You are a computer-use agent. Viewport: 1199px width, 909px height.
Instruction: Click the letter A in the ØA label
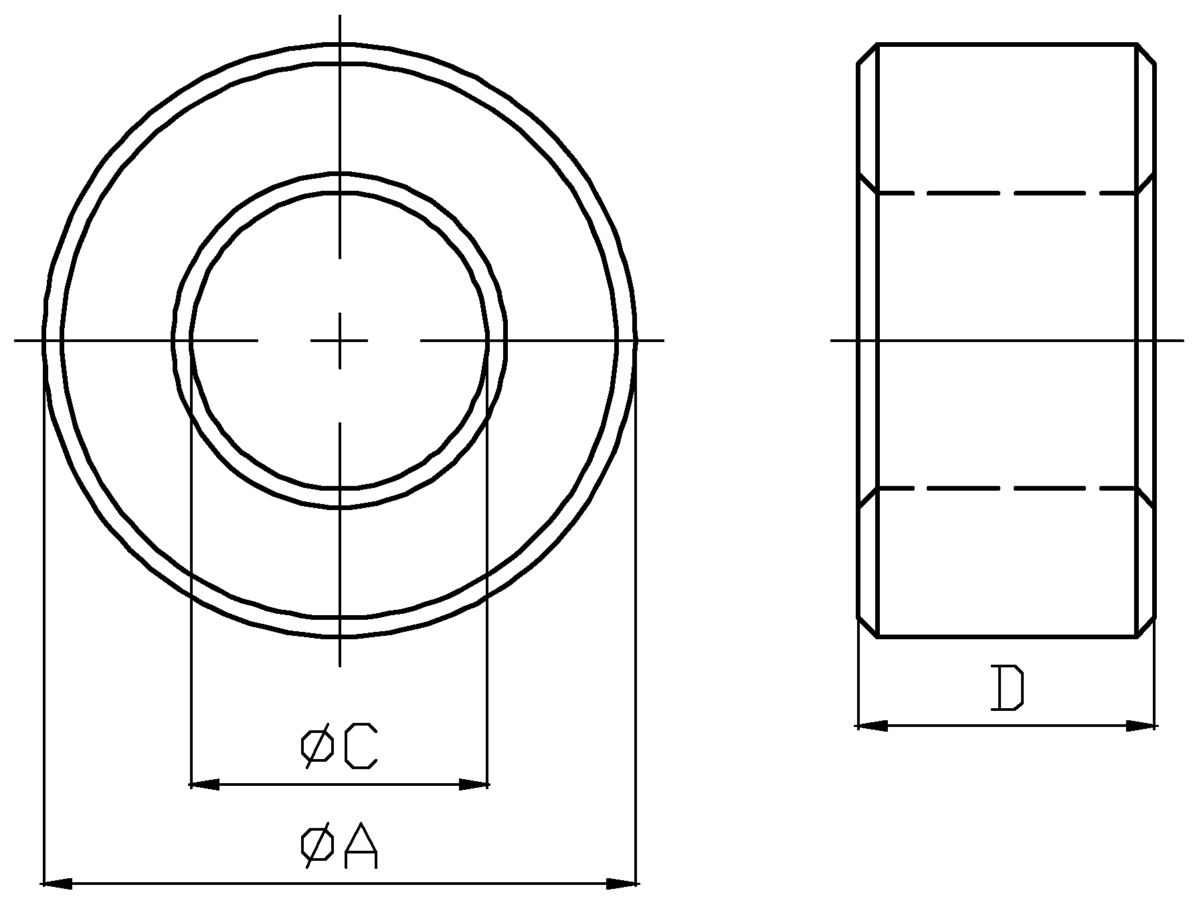coord(361,847)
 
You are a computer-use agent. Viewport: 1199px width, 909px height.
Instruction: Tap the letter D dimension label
coord(1007,688)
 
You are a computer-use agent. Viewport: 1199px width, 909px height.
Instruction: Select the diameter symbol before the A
coord(317,847)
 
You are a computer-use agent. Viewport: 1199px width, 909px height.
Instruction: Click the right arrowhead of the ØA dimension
coord(621,884)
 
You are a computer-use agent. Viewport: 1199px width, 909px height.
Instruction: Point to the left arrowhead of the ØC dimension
coord(205,784)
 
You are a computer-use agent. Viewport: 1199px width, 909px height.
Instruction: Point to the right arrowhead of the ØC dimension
coord(474,784)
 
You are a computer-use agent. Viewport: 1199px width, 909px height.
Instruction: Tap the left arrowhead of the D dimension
coord(872,726)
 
